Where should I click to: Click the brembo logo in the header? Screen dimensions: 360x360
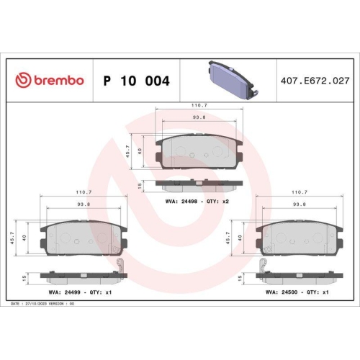50,80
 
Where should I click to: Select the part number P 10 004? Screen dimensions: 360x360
137,81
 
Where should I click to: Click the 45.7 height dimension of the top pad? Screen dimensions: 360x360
131,150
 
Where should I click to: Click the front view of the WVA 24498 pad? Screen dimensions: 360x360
199,150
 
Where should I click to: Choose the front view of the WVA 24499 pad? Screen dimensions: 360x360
82,237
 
